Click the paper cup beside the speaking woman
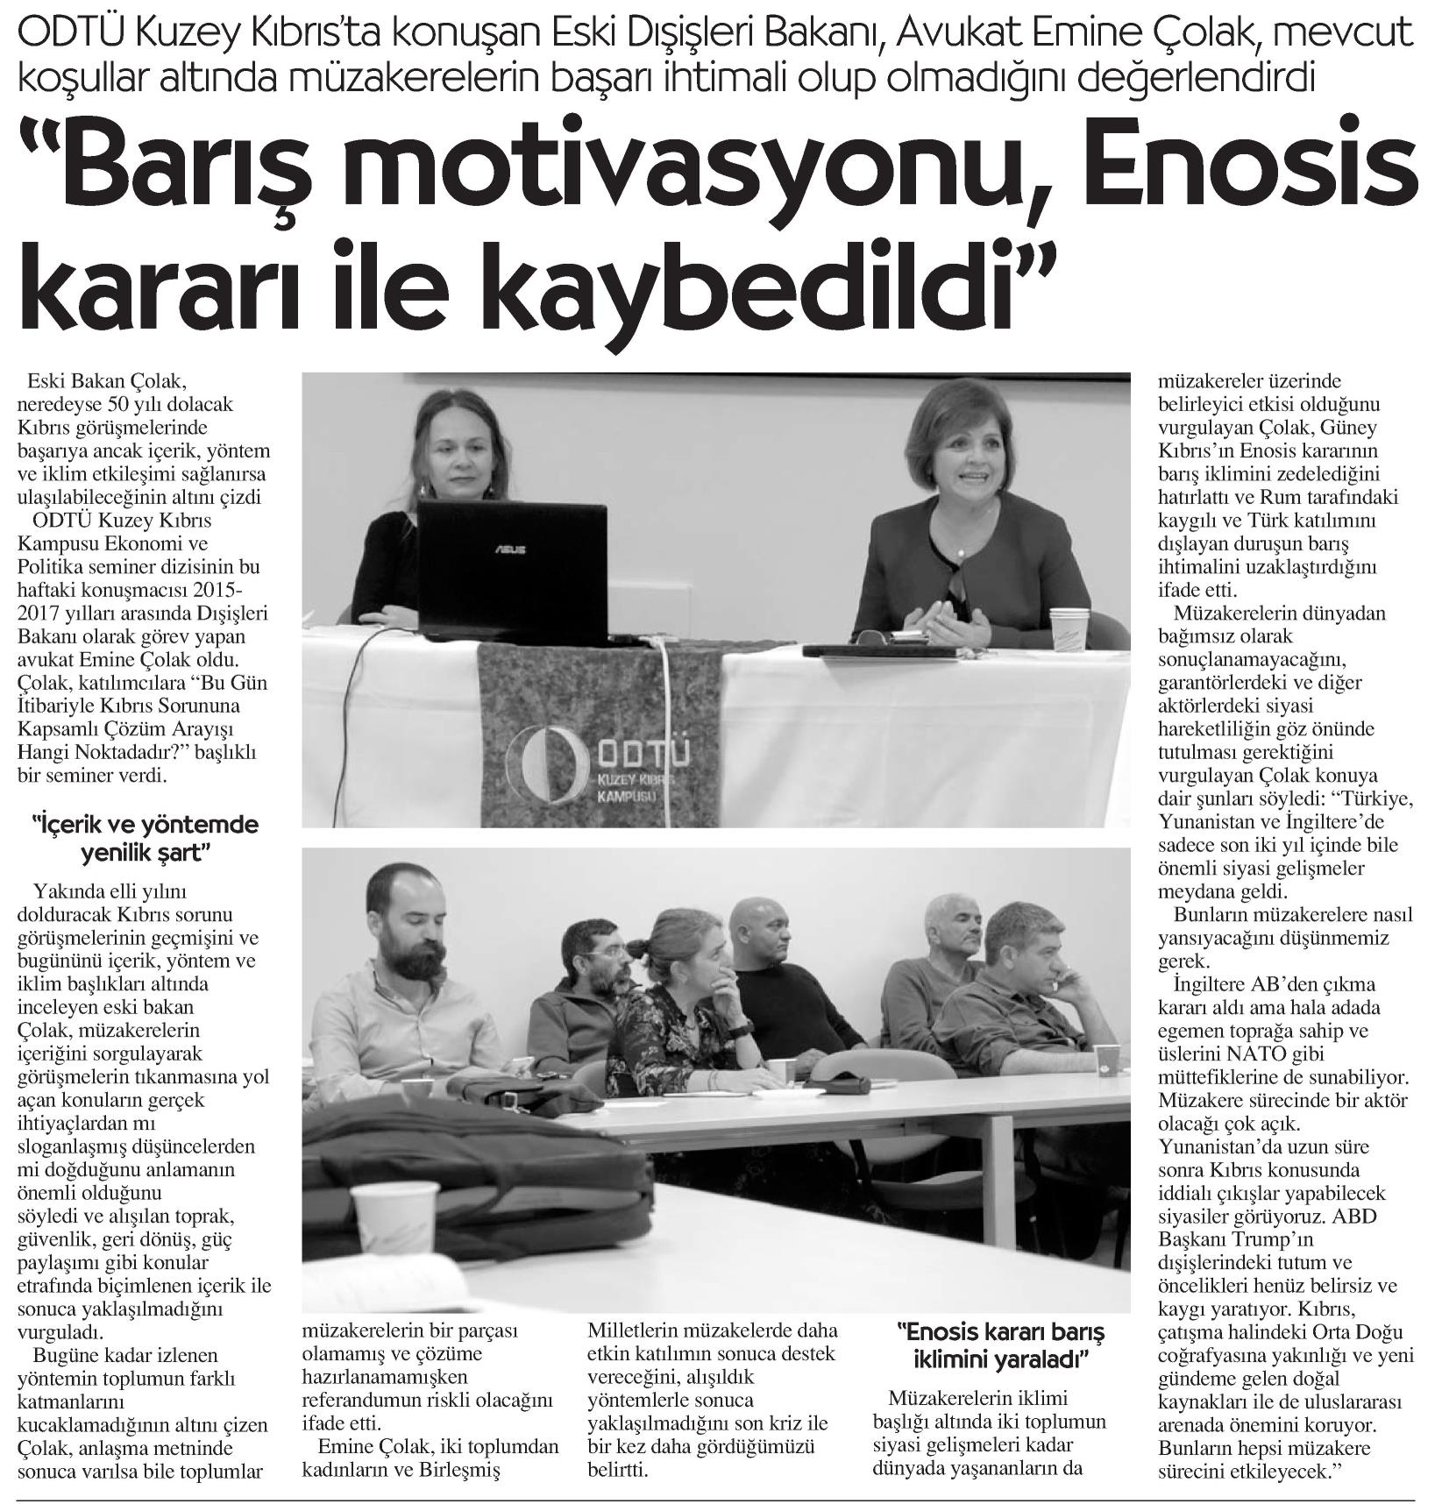[x=1070, y=628]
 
